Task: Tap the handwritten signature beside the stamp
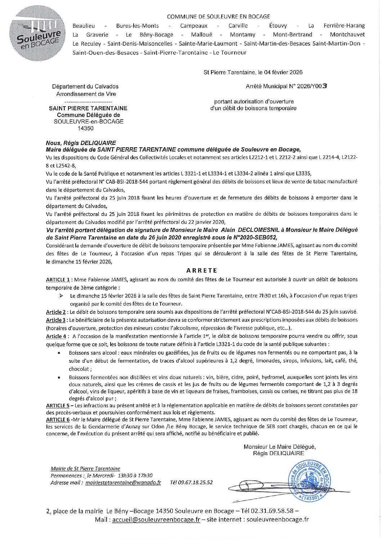[252, 488]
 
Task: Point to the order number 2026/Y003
[309, 86]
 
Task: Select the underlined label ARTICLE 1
[58, 279]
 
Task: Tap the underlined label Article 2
[56, 312]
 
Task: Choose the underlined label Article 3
[56, 320]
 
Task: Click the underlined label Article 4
[56, 336]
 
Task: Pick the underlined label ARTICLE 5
[58, 405]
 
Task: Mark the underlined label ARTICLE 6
[58, 419]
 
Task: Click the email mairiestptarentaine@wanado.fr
[123, 482]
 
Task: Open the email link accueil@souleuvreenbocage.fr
[156, 519]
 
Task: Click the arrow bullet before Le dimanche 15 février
[62, 296]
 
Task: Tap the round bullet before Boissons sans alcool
[59, 352]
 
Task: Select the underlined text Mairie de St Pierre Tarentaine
[85, 468]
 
